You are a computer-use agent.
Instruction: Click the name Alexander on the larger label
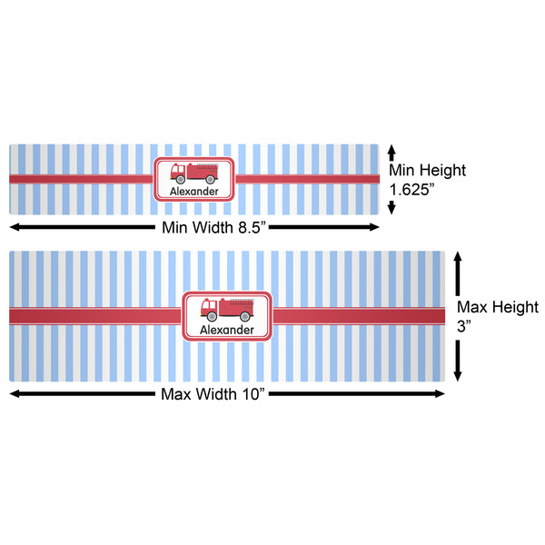point(227,330)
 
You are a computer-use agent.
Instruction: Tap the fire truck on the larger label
point(227,309)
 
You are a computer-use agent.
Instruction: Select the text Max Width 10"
point(227,394)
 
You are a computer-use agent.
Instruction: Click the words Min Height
point(427,170)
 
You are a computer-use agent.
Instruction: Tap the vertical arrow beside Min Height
point(391,178)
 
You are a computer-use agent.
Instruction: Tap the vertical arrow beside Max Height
point(458,316)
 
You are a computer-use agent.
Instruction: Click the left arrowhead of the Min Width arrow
point(15,225)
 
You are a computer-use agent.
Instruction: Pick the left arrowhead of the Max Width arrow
point(15,393)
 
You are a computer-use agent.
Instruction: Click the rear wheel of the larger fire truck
point(244,316)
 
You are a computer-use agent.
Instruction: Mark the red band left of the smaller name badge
point(82,179)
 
